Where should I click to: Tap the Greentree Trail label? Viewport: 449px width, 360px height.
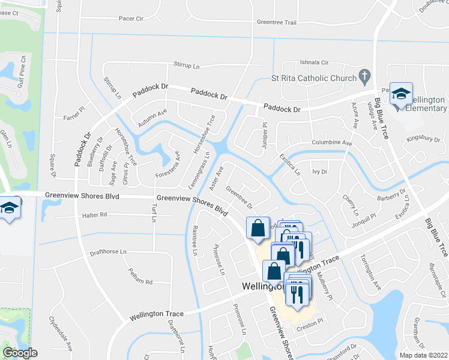pyautogui.click(x=276, y=22)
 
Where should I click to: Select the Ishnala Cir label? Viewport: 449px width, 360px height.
pyautogui.click(x=315, y=62)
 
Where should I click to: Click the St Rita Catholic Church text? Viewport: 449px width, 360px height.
pyautogui.click(x=314, y=77)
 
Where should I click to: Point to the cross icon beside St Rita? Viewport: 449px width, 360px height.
pyautogui.click(x=364, y=77)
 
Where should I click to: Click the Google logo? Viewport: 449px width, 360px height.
pyautogui.click(x=20, y=352)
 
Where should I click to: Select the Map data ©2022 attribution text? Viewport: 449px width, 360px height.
pyautogui.click(x=424, y=355)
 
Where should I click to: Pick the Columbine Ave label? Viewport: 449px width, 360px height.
pyautogui.click(x=331, y=143)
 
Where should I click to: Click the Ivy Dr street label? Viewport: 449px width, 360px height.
pyautogui.click(x=319, y=172)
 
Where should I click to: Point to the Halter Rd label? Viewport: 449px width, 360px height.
pyautogui.click(x=95, y=214)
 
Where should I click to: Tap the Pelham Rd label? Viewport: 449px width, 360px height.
pyautogui.click(x=141, y=281)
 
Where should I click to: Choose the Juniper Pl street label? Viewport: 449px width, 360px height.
pyautogui.click(x=265, y=128)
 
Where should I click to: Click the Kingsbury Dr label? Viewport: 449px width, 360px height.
pyautogui.click(x=423, y=139)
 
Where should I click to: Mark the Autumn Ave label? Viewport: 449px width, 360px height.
pyautogui.click(x=152, y=117)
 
